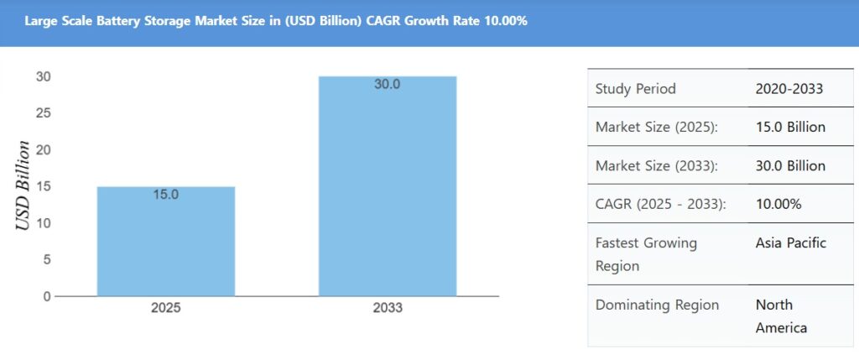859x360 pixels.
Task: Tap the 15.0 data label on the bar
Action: [166, 195]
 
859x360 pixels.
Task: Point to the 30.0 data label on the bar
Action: [388, 84]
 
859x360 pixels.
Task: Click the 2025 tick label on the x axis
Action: [166, 308]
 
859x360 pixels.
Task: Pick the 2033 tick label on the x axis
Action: [388, 308]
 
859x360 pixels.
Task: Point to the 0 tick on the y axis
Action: [47, 296]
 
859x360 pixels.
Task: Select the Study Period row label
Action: [635, 89]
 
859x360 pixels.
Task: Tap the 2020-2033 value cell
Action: [789, 89]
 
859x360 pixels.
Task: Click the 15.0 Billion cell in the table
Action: [790, 128]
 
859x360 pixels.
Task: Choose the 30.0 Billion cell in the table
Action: [790, 166]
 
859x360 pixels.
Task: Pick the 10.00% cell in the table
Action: [778, 204]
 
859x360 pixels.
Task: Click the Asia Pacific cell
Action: [790, 243]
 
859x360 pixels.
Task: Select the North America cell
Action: [781, 316]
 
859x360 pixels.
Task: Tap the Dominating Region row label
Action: [657, 305]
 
